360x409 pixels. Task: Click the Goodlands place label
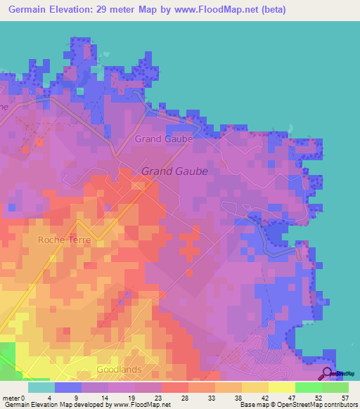[120, 369]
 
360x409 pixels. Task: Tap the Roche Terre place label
[65, 240]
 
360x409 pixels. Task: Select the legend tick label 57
[345, 398]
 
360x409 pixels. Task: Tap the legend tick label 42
[265, 398]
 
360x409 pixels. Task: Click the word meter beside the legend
[10, 398]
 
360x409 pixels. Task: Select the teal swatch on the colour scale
[41, 387]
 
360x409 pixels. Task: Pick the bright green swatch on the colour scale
[308, 387]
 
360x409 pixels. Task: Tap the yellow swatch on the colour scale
[281, 387]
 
